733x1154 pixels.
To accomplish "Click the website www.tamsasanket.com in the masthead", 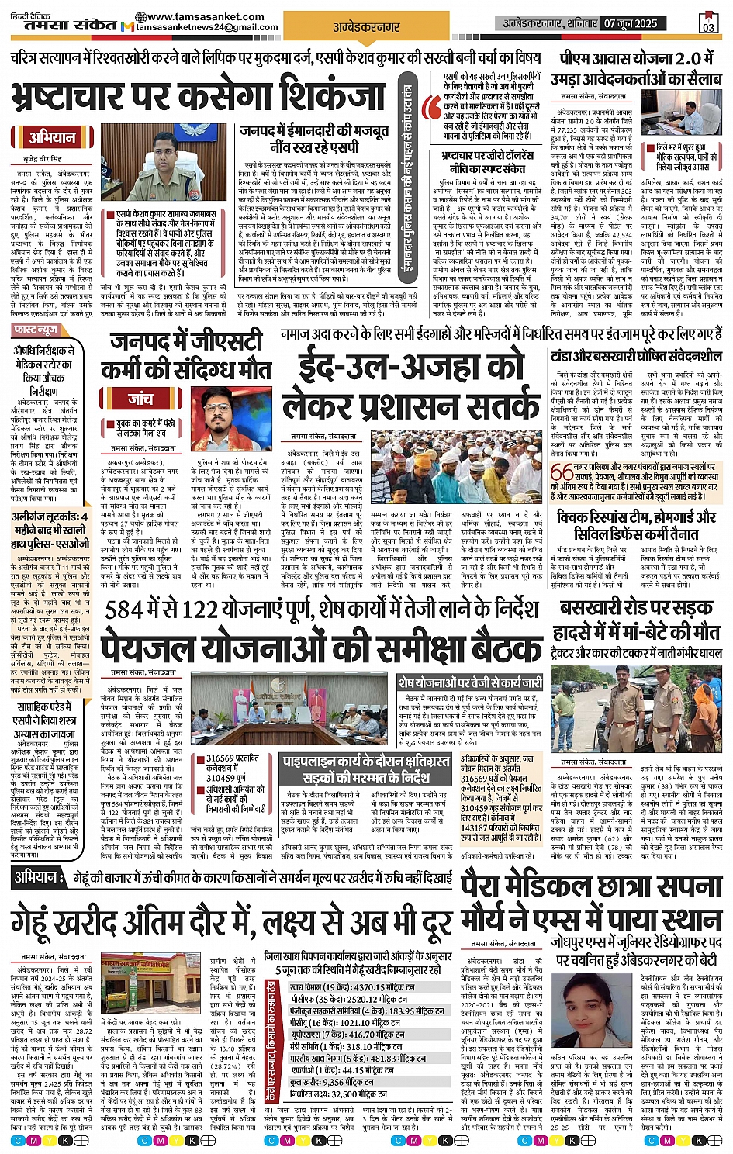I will pos(205,16).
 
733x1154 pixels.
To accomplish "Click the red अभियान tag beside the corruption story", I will pos(52,138).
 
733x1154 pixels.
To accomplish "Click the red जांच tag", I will pos(140,399).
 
